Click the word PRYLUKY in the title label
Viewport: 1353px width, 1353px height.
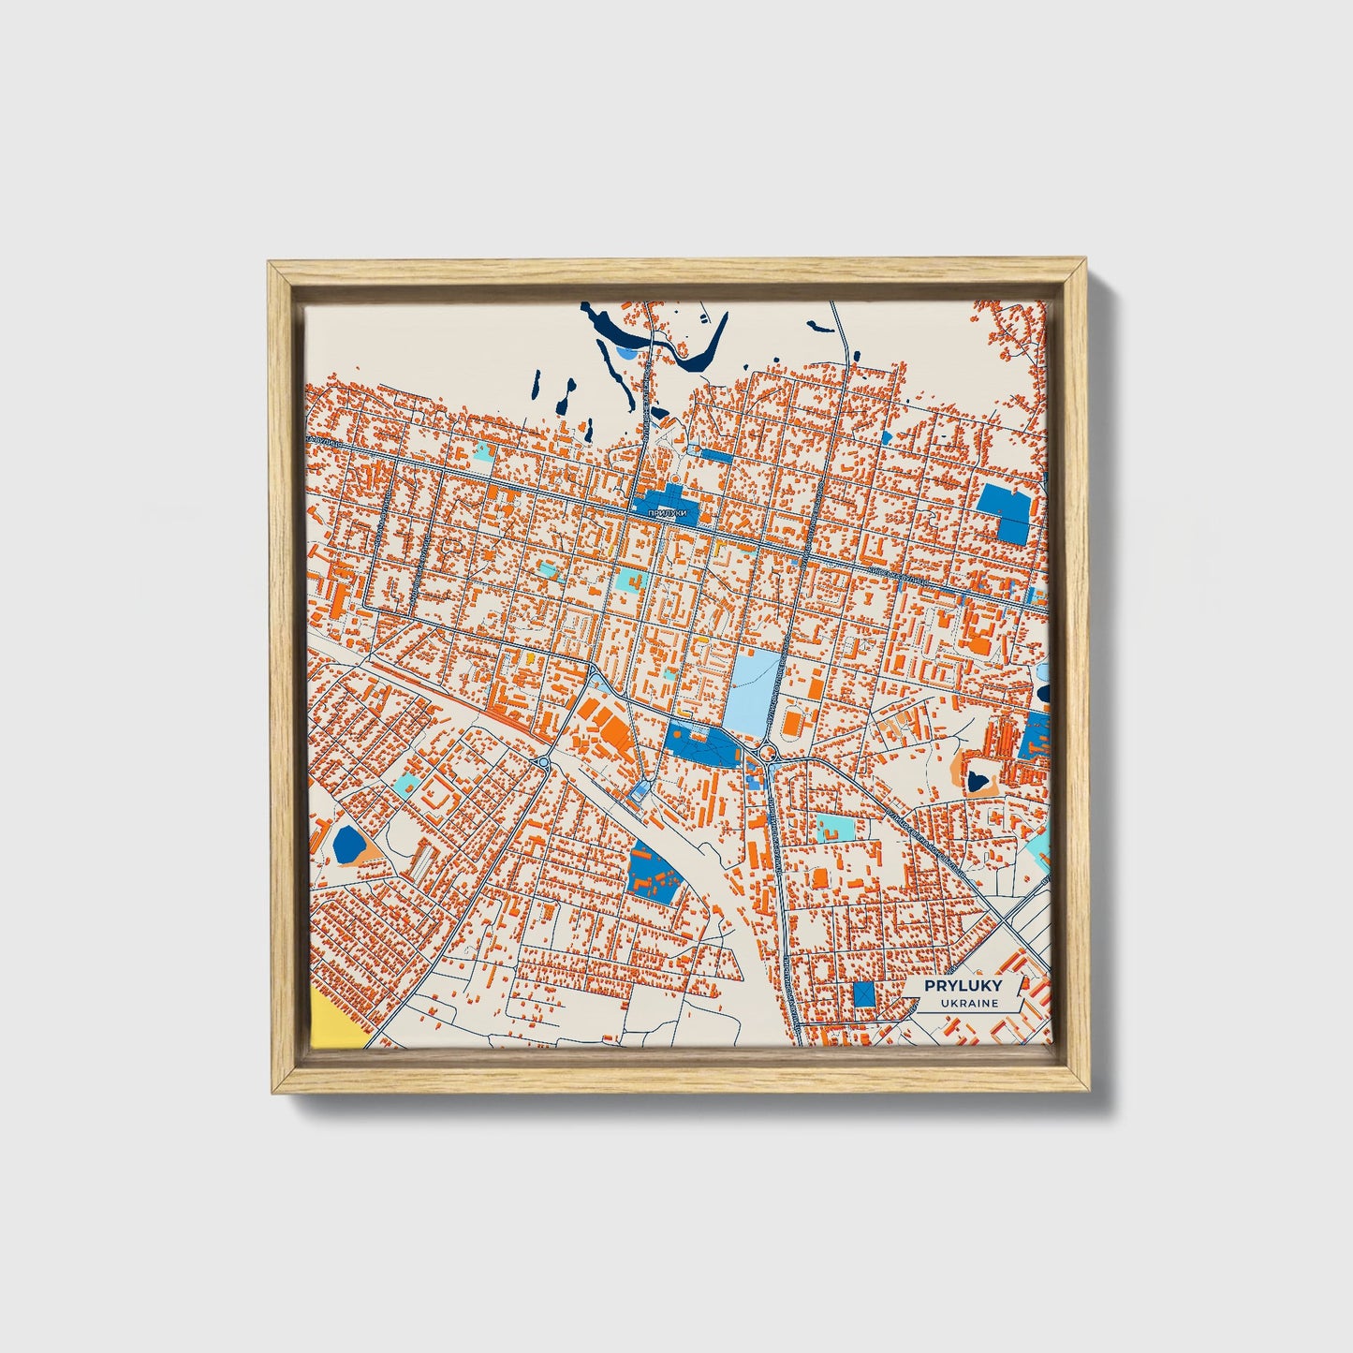coord(963,986)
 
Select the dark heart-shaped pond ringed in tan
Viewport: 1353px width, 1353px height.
coord(980,777)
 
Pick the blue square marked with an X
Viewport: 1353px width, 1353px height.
coord(863,993)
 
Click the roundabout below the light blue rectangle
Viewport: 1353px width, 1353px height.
coord(768,751)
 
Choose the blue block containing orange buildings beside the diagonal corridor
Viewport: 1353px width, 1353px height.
coord(654,874)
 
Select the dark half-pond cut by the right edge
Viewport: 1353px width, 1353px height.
coord(1043,693)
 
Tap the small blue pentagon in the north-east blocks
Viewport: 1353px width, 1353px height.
coord(886,436)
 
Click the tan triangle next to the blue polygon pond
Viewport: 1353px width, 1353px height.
coord(371,849)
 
